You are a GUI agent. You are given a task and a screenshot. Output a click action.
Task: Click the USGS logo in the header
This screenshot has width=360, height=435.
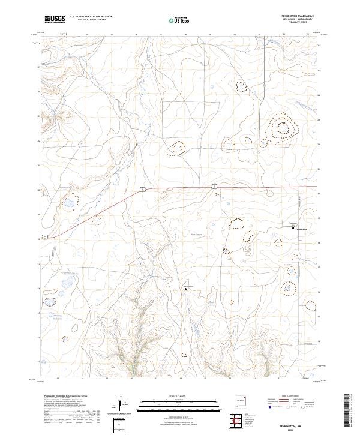pyautogui.click(x=55, y=19)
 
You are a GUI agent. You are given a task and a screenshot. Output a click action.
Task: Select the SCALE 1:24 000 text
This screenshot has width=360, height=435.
pyautogui.click(x=174, y=396)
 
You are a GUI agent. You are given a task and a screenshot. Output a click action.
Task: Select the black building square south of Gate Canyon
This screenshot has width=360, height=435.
pyautogui.click(x=186, y=289)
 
